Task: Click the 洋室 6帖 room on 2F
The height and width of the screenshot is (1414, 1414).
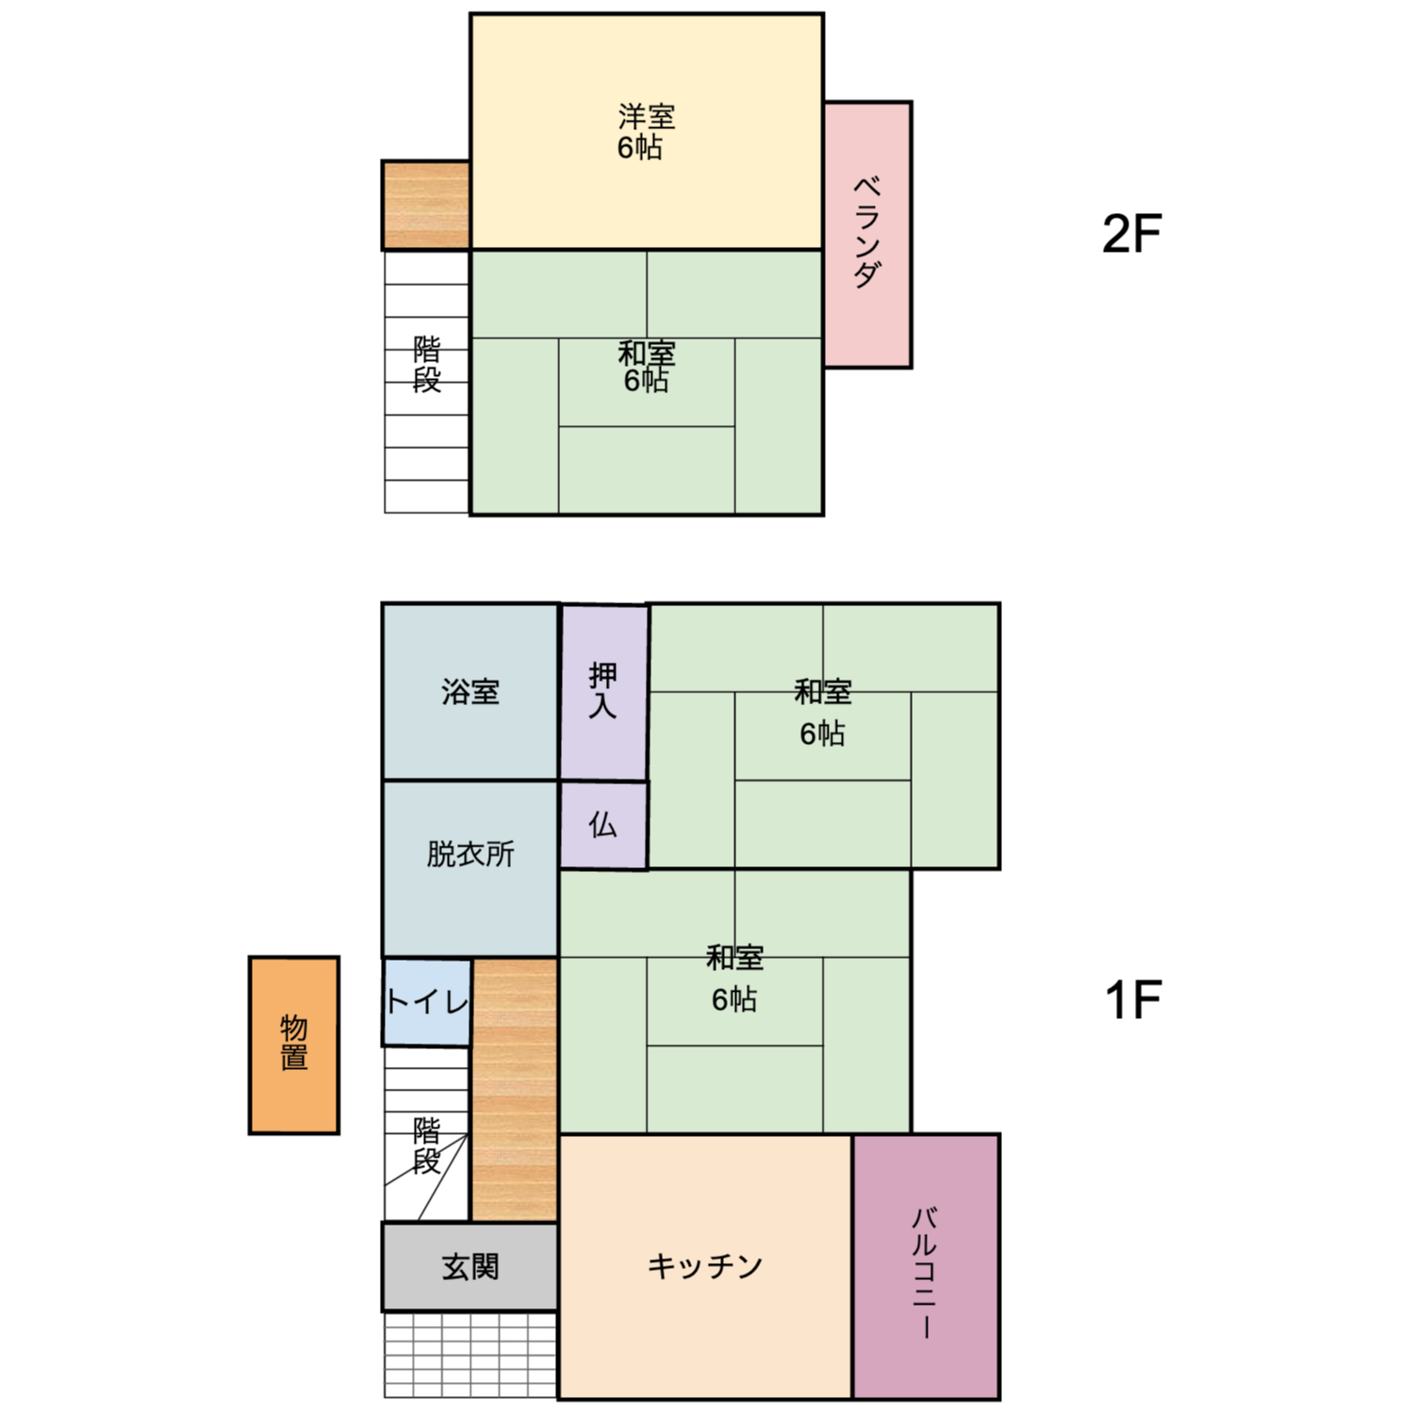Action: coord(647,132)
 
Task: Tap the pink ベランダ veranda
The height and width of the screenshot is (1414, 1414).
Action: coord(868,235)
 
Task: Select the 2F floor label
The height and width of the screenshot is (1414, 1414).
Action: coord(1131,234)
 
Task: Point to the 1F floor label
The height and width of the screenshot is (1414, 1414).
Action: coord(1132,1000)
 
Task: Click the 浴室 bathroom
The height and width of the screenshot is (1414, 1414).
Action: coord(470,692)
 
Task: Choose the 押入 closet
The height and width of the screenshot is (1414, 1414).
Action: coord(604,692)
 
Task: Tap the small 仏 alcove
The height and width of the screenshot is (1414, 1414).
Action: coord(604,825)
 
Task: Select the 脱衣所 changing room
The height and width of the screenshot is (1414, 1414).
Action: coord(470,869)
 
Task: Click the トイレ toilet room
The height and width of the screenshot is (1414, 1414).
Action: coord(427,1002)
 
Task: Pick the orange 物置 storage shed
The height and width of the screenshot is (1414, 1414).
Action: coord(294,1045)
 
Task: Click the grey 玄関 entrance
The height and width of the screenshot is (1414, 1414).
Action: coord(470,1267)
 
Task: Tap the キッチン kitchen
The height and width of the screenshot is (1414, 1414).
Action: coord(706,1267)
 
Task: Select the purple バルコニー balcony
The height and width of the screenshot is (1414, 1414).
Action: coord(927,1267)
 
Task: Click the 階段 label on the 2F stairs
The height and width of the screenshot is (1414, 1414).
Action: coord(427,365)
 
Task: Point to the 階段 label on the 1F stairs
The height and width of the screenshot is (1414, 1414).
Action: coord(427,1145)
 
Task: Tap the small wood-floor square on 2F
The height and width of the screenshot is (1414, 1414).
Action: coord(426,206)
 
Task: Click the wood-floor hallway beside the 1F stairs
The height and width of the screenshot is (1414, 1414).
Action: coord(515,1090)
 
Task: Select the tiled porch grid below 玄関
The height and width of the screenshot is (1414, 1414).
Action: coord(470,1355)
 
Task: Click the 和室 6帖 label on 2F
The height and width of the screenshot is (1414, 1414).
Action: coord(647,367)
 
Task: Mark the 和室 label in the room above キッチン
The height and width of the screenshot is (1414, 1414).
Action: coord(735,958)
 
